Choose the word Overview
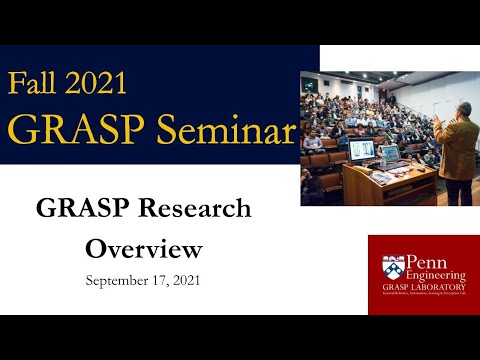coord(144,248)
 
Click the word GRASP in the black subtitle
coord(80,209)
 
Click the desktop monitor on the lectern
coord(360,150)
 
